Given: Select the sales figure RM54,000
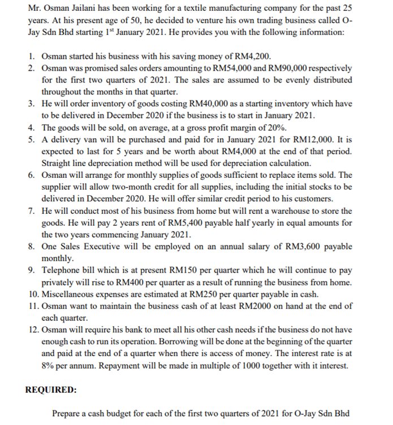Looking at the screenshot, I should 226,68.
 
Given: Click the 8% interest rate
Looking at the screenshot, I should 50,366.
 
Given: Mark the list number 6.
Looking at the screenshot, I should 32,175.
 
